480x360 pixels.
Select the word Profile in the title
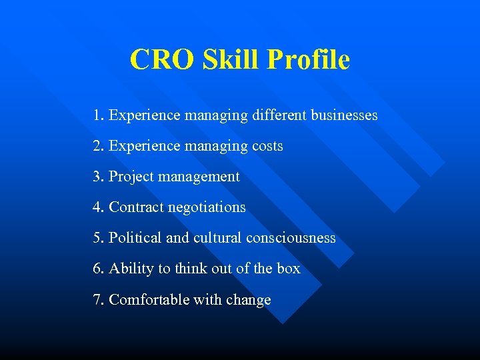click(x=308, y=60)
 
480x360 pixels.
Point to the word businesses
click(x=341, y=115)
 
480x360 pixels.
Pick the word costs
click(x=267, y=146)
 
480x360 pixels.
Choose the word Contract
click(x=135, y=207)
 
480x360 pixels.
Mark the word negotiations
click(x=207, y=208)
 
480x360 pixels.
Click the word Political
click(x=135, y=238)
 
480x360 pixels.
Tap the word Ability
click(x=131, y=269)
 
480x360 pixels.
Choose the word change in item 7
click(x=249, y=300)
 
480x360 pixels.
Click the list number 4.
click(x=98, y=207)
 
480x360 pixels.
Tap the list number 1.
click(x=98, y=115)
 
